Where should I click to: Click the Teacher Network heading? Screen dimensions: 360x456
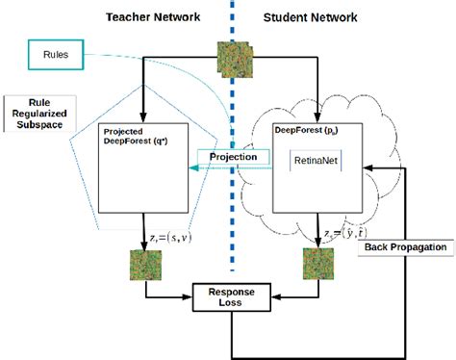pyautogui.click(x=154, y=15)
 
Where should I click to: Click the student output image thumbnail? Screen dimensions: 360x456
pyautogui.click(x=314, y=263)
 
